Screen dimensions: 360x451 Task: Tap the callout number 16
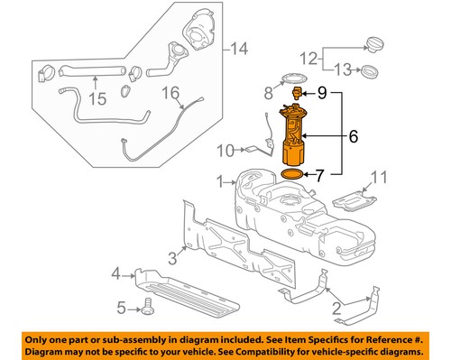(170, 91)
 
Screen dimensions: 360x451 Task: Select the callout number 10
(225, 149)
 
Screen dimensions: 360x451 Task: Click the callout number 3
(171, 258)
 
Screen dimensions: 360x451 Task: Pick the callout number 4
(115, 272)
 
